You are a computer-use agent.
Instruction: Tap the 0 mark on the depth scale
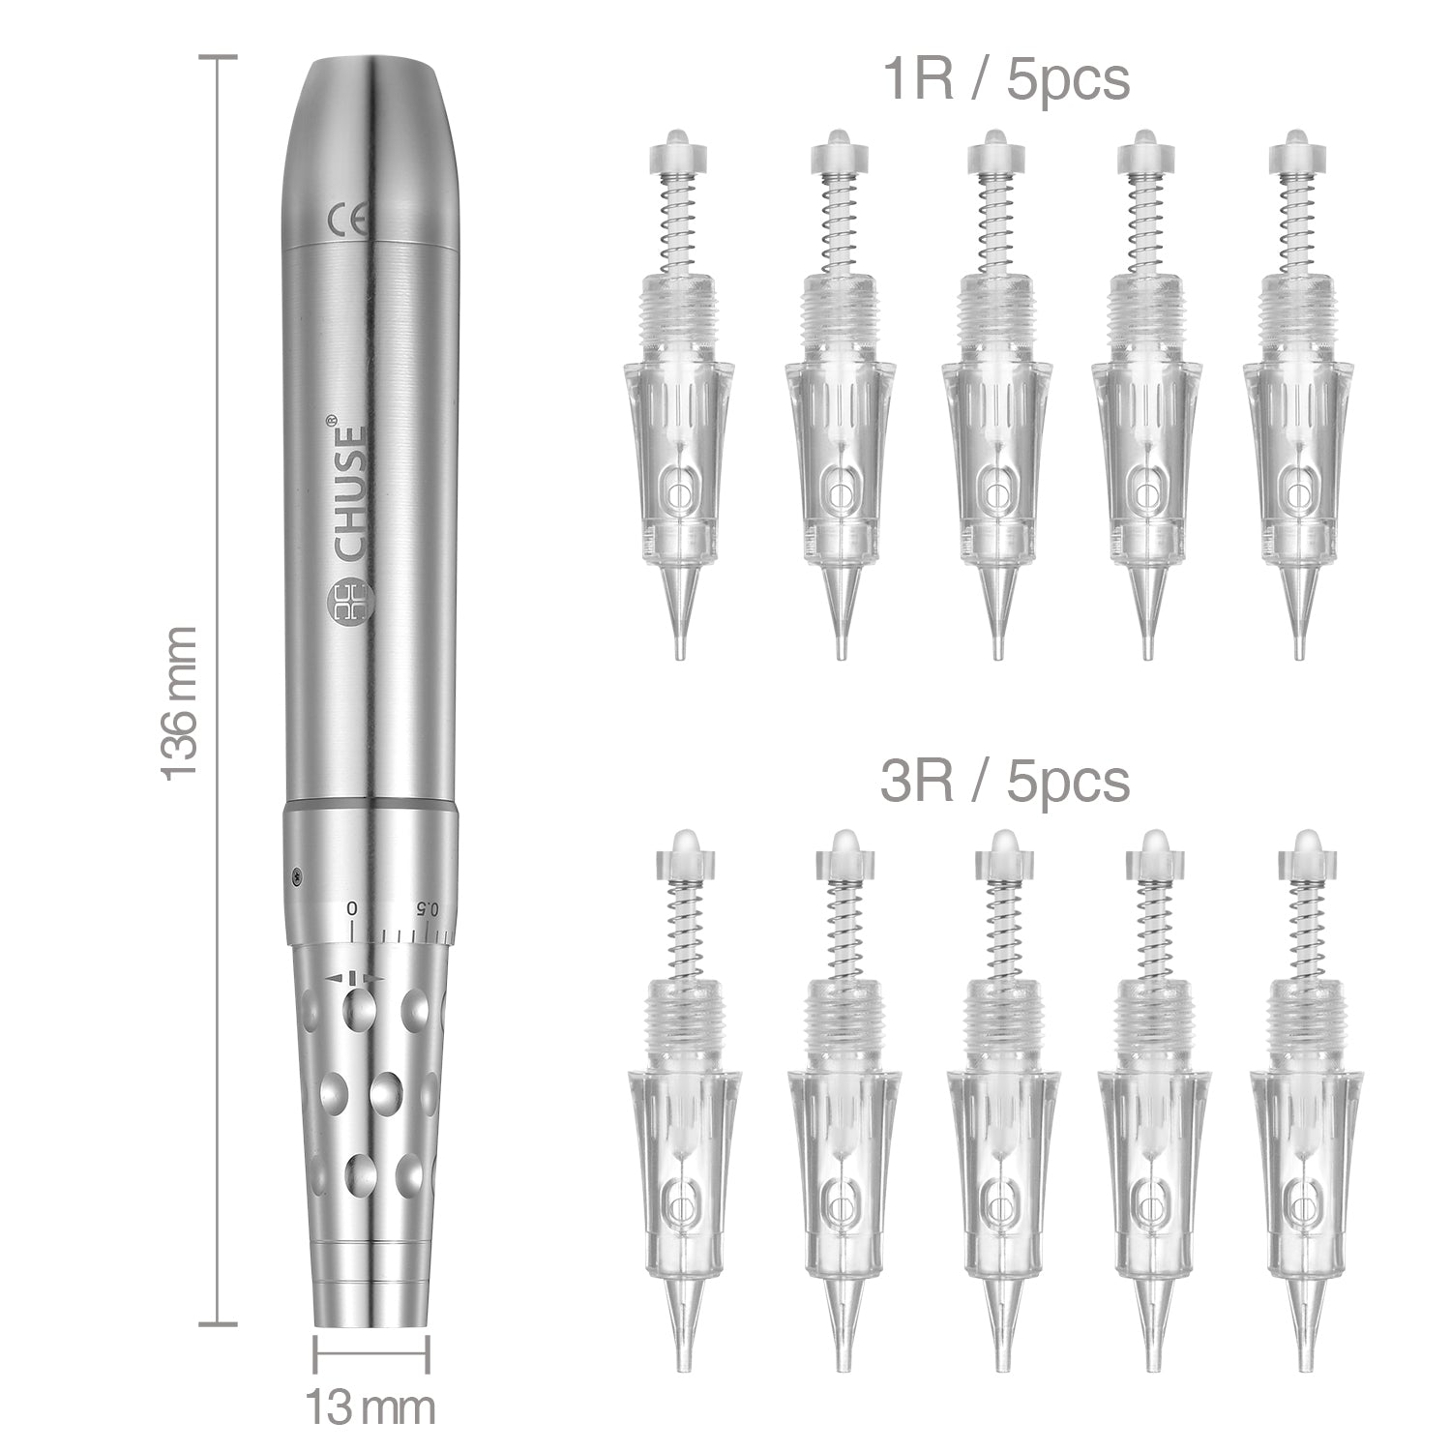pos(353,908)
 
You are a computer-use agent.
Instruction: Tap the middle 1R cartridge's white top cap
pos(989,146)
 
